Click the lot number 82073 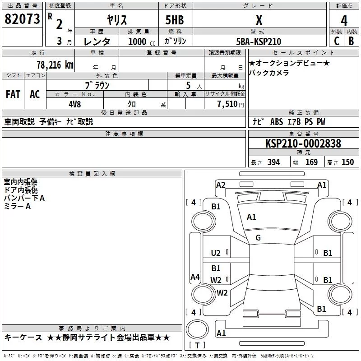click(x=22, y=19)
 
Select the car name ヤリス click(x=116, y=20)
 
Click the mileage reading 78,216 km click(x=55, y=65)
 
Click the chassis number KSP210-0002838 click(x=303, y=143)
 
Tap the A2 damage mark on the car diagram click(x=221, y=185)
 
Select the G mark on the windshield click(x=258, y=237)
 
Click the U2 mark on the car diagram click(x=216, y=253)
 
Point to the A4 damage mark click(x=195, y=277)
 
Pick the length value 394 click(x=273, y=162)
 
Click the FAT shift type click(x=13, y=94)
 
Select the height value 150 click(x=347, y=162)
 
